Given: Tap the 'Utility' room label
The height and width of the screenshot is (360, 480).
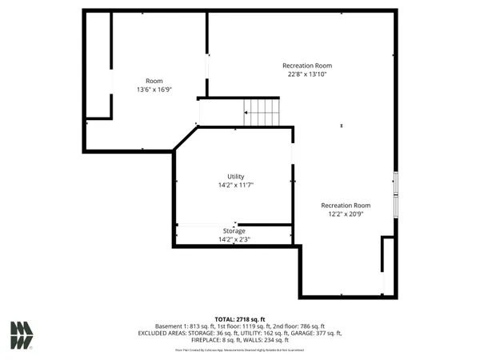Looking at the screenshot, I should pyautogui.click(x=235, y=177).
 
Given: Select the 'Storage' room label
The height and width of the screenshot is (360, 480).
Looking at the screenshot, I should pyautogui.click(x=234, y=231).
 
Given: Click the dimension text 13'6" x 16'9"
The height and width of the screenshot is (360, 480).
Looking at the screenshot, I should pyautogui.click(x=154, y=90).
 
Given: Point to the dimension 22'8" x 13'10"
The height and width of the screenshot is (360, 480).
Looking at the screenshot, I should pyautogui.click(x=307, y=74).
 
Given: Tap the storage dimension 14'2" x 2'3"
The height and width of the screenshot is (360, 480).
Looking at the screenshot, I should pyautogui.click(x=234, y=239).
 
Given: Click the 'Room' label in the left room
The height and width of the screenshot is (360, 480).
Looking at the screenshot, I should pyautogui.click(x=154, y=81).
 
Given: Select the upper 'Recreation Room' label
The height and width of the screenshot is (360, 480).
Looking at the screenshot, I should pyautogui.click(x=307, y=66).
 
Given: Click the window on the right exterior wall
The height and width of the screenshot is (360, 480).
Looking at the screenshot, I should pyautogui.click(x=394, y=184).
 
